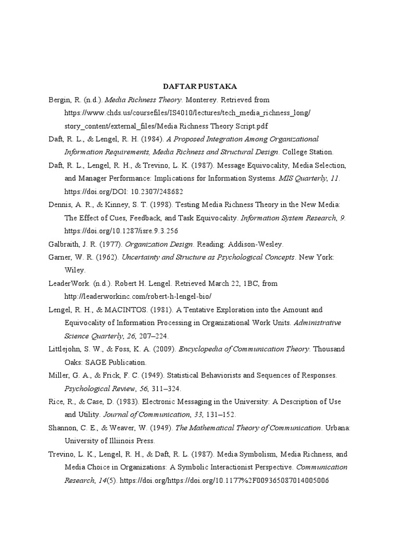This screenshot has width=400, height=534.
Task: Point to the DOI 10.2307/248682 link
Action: [x=123, y=191]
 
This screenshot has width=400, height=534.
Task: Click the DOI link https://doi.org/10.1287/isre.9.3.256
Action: [x=124, y=230]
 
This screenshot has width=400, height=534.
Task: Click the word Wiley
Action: [x=75, y=270]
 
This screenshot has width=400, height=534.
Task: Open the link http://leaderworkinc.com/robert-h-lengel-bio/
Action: [x=138, y=296]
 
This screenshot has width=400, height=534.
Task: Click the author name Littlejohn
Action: [x=66, y=349]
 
